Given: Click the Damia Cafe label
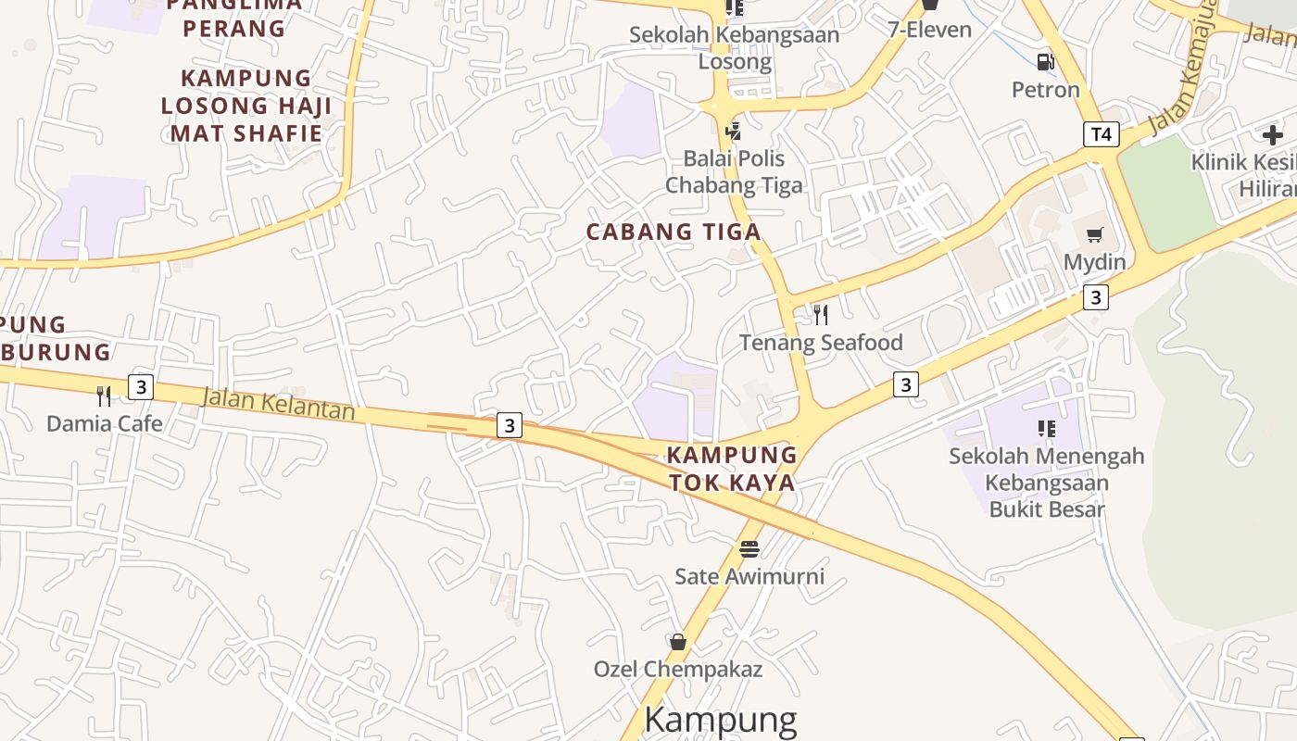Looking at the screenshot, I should pos(105,423).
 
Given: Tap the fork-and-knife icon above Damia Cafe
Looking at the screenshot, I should pos(104,396).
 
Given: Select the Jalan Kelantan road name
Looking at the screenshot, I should pos(278,404).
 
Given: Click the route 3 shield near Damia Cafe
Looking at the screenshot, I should pos(140,386).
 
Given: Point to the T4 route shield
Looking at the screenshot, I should pos(1101,134).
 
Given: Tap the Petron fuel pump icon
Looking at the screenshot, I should pos(1045,62).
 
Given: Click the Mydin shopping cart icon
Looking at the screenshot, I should pos(1094,234).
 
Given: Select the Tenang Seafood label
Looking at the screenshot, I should pos(821,343).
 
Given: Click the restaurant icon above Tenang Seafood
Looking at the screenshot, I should pos(820,315).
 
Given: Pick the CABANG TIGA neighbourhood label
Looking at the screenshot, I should pos(674,232).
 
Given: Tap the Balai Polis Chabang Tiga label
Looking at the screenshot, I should pos(734,171).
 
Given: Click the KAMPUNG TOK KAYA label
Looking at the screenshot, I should pos(732,469).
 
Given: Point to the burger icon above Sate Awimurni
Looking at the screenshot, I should pos(749,548).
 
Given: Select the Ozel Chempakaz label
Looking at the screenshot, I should pos(678,669).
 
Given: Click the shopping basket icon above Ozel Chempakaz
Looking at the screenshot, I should pos(678,641).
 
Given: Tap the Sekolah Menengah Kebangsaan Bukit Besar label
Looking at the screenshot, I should pos(1047,483).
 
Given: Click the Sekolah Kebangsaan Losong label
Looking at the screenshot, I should pos(734,48).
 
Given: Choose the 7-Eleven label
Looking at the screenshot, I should pos(930,30).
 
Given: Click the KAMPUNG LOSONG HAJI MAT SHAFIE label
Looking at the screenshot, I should pos(246,106).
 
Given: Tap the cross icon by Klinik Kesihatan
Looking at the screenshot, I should pos(1273,135).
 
